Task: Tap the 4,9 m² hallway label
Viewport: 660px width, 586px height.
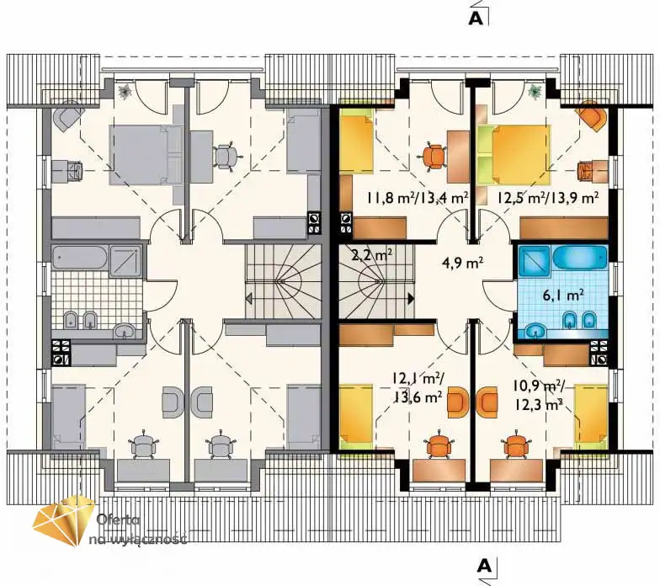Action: click(462, 263)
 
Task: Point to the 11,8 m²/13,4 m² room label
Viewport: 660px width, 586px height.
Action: click(418, 197)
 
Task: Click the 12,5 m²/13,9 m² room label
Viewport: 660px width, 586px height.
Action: click(549, 197)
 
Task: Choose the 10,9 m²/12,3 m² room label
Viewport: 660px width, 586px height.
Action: click(539, 395)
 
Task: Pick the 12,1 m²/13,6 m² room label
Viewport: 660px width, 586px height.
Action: click(417, 387)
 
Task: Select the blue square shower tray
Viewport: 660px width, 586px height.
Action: click(534, 261)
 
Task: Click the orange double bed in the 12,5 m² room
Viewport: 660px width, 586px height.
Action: click(520, 155)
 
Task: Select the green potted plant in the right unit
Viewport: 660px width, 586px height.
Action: click(535, 91)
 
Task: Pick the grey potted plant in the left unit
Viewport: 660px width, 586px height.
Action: click(125, 92)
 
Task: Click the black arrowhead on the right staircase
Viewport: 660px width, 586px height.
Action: click(411, 299)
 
